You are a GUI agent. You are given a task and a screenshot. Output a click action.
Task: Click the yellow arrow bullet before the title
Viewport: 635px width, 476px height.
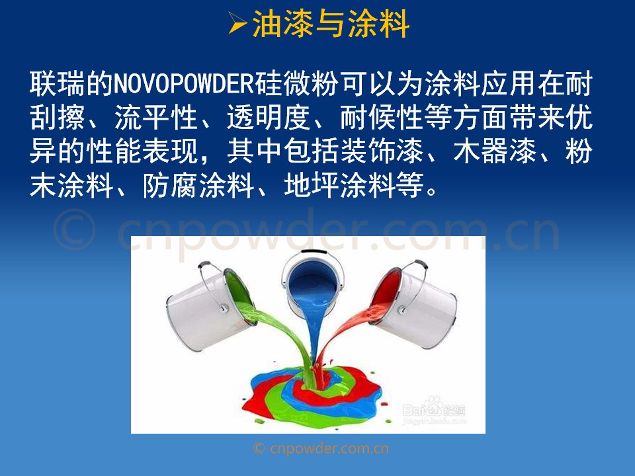(x=237, y=24)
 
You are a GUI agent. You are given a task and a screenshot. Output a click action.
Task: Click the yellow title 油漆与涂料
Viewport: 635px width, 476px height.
(x=331, y=24)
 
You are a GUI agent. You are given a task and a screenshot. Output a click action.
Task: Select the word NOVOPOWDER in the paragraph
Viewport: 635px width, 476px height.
(x=184, y=84)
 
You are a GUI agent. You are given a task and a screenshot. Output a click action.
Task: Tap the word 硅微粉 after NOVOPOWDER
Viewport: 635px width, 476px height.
(x=296, y=84)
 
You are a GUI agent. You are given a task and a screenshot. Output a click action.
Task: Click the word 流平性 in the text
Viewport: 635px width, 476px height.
(x=156, y=118)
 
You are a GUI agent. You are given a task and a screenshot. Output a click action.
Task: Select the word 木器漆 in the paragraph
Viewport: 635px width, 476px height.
(x=495, y=151)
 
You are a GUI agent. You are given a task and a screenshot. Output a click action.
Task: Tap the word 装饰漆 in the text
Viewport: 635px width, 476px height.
(x=382, y=151)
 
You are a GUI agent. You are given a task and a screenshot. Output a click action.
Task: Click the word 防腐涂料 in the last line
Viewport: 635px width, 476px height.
(x=199, y=185)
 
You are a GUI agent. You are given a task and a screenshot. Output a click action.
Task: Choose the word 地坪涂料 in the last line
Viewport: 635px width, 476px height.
(x=339, y=185)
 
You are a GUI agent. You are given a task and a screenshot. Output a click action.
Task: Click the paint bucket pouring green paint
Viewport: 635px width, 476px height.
(x=210, y=309)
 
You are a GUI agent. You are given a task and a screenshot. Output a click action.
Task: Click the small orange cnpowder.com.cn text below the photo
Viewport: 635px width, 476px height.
(x=321, y=448)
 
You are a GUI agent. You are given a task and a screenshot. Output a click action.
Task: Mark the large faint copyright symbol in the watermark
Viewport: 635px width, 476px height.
(x=75, y=229)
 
